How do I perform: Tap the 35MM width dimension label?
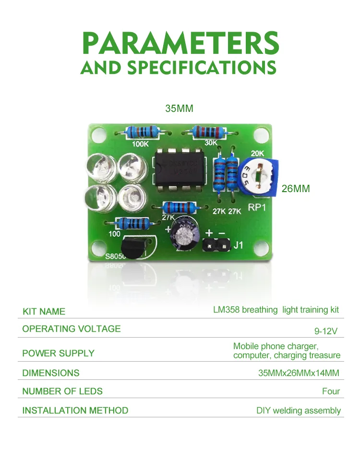(179, 109)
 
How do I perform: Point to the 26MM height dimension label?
(295, 189)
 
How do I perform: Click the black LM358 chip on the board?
(178, 169)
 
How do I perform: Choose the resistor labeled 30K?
(208, 131)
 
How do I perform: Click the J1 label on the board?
(239, 246)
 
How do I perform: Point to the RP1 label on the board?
(257, 208)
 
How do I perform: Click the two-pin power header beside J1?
(216, 245)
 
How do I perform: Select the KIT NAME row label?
(44, 311)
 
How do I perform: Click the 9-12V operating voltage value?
(326, 331)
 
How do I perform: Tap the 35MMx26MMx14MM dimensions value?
(299, 373)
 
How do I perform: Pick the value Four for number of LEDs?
(331, 391)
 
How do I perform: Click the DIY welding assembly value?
(298, 411)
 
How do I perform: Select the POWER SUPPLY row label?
(58, 353)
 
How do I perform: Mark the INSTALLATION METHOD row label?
(75, 410)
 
